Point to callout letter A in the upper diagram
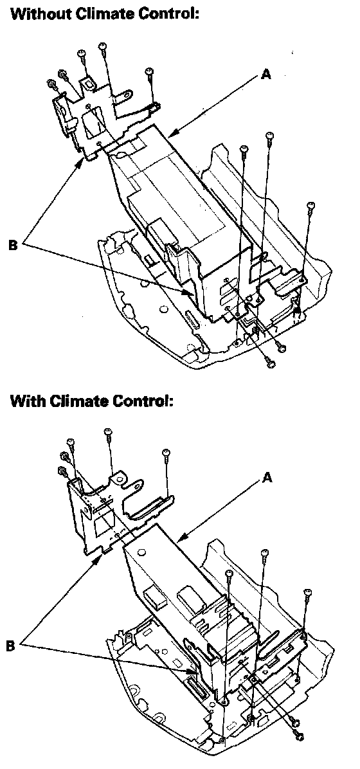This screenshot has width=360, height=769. (265, 75)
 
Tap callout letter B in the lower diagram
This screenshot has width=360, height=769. (11, 646)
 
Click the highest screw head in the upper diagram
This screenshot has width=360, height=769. (102, 46)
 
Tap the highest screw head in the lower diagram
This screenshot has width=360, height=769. (109, 431)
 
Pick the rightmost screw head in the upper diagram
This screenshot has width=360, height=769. (309, 205)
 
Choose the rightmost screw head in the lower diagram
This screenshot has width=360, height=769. (308, 592)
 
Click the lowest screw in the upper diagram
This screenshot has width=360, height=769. (269, 363)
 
